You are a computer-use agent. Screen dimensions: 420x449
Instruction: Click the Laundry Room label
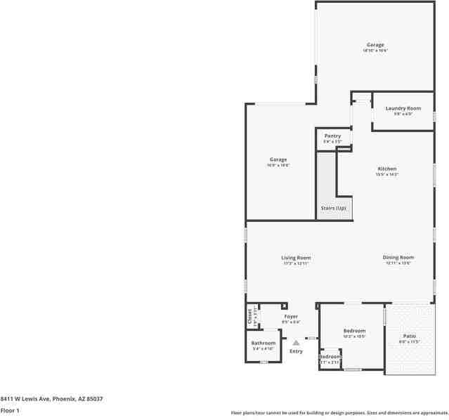[403, 108]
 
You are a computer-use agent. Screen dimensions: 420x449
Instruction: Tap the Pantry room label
[332, 136]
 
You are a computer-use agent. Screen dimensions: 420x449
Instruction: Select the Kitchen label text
[387, 169]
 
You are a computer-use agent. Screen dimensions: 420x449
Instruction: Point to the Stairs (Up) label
[334, 209]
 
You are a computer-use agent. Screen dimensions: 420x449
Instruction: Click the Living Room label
[296, 258]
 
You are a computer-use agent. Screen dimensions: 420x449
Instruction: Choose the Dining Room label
[398, 258]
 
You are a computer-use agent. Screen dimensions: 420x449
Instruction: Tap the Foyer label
[291, 317]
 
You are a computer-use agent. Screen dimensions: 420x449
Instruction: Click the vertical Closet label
[249, 317]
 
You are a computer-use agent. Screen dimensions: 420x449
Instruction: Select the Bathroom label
[263, 343]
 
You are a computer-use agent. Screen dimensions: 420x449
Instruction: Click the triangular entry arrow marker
[296, 343]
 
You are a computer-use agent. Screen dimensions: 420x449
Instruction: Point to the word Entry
[296, 351]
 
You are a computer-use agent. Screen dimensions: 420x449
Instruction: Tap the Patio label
[409, 336]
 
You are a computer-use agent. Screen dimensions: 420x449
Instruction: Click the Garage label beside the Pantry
[278, 159]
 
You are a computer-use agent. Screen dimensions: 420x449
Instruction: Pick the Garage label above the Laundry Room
[375, 45]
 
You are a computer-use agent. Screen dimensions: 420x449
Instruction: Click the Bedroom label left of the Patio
[354, 331]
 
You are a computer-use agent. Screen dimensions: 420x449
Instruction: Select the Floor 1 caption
[10, 410]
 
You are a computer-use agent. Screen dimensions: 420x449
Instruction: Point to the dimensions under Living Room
[296, 263]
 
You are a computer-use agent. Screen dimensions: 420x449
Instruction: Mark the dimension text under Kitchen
[387, 174]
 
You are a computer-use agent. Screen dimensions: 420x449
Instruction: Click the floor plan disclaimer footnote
[339, 413]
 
